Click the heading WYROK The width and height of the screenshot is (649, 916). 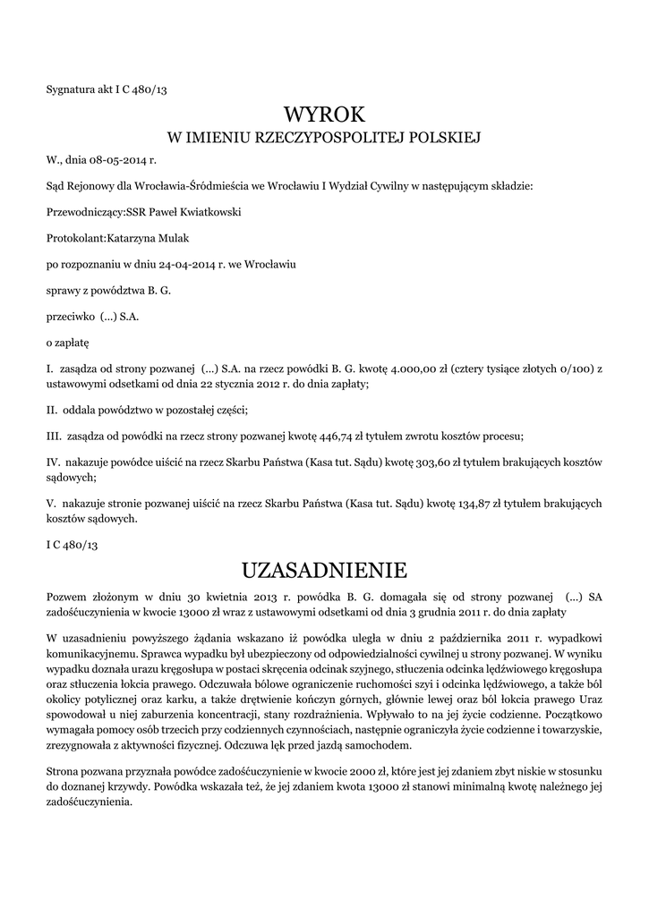point(324,114)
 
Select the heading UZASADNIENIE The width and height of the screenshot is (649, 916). point(324,570)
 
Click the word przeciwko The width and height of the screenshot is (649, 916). point(64,316)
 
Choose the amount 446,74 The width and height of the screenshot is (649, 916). point(344,436)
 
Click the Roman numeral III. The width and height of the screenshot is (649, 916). point(53,436)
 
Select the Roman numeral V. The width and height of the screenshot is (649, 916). point(50,503)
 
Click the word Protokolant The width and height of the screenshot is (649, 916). point(75,238)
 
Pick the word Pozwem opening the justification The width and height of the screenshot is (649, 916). point(68,596)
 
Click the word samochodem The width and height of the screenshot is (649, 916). point(381,744)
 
